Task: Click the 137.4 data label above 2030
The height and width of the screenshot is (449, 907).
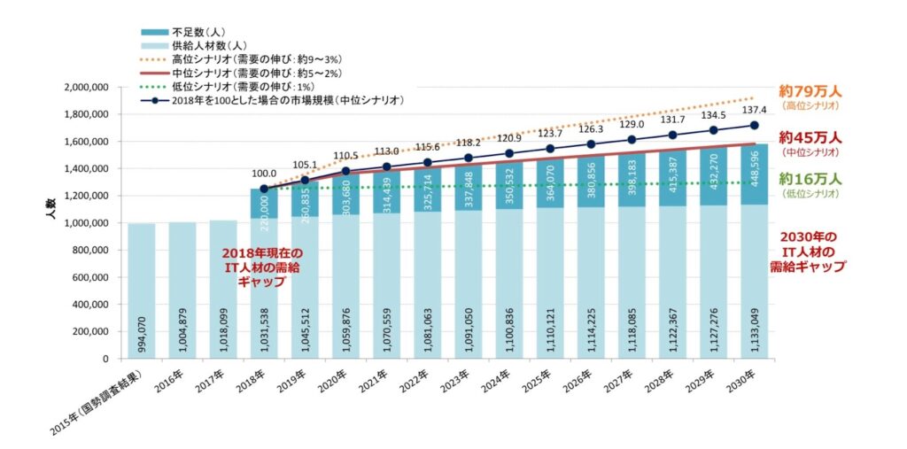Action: pos(753,110)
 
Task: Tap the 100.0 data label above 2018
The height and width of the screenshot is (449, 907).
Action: pos(264,174)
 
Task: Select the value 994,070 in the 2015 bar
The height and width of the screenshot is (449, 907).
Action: pos(142,332)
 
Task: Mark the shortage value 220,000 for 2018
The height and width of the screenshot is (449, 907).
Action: pos(264,214)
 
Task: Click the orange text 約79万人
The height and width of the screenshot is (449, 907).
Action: pos(810,90)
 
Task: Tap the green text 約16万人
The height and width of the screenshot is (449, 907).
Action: pos(810,179)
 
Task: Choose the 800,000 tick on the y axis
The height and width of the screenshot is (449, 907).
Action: pos(90,250)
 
